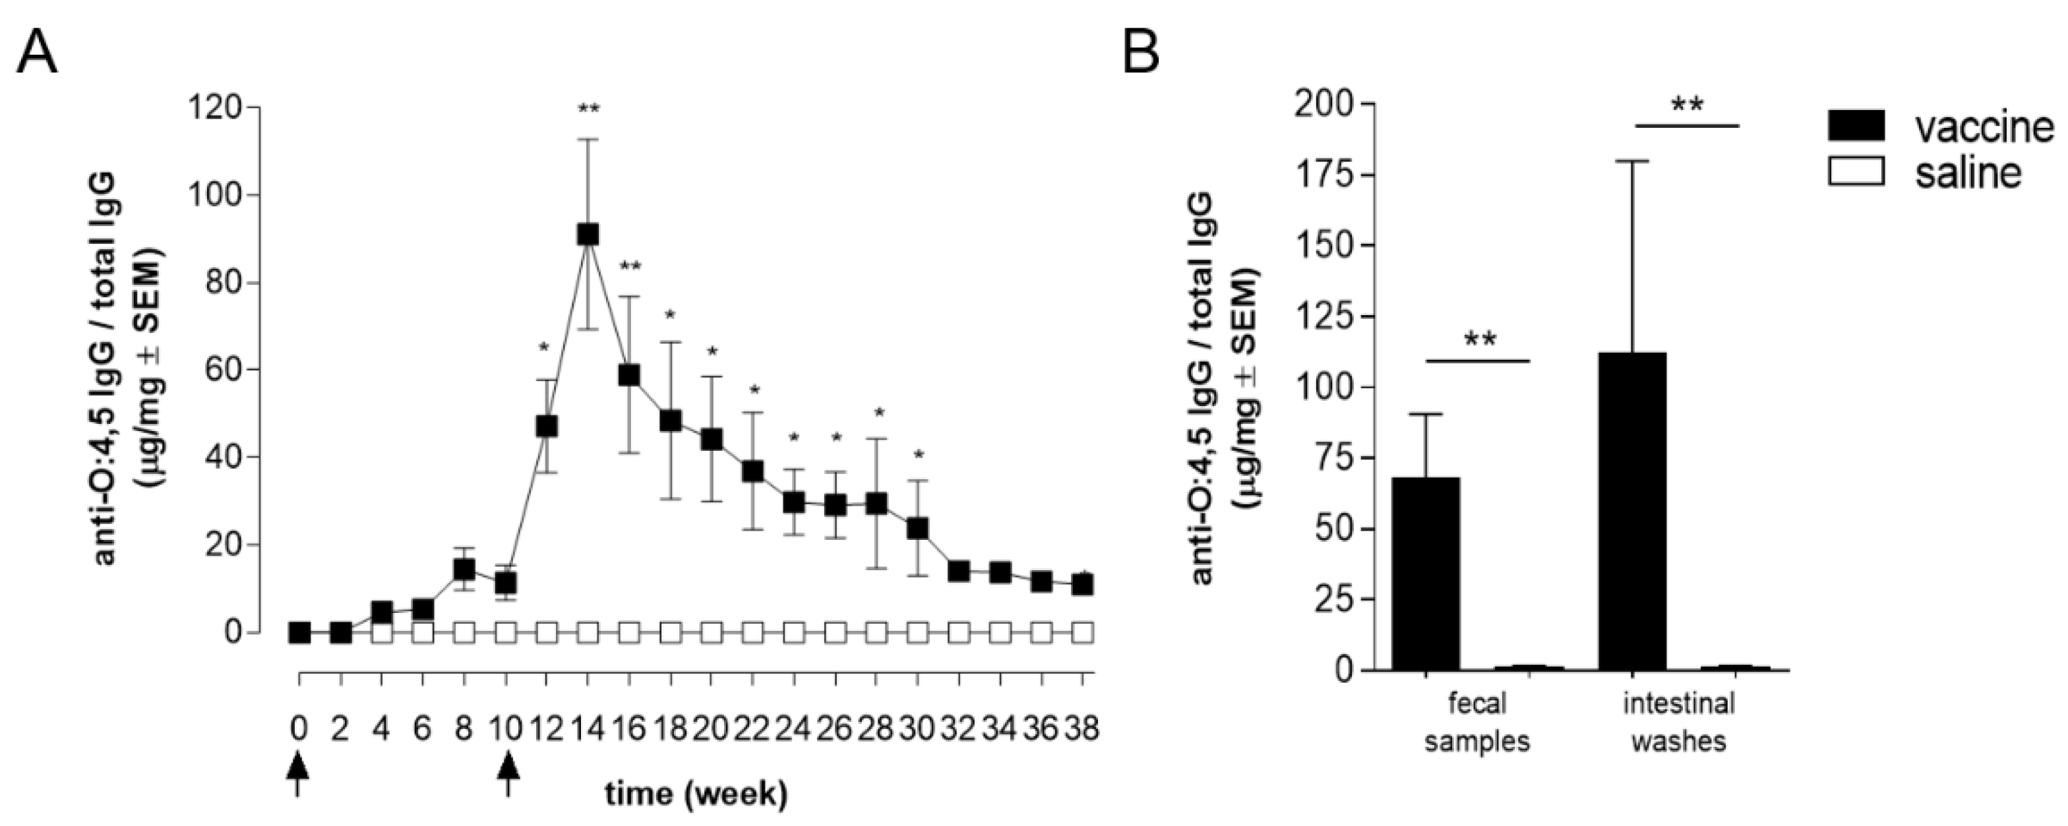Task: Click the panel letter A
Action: click(x=38, y=53)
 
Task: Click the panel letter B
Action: click(x=1140, y=53)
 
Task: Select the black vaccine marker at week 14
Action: click(x=588, y=235)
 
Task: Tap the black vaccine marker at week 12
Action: click(x=547, y=427)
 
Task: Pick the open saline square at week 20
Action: click(x=712, y=633)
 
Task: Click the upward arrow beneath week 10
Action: click(x=507, y=772)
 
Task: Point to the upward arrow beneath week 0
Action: click(x=299, y=772)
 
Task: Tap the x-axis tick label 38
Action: click(x=1081, y=730)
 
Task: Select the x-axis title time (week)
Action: click(x=696, y=795)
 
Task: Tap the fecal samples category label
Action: click(x=1477, y=722)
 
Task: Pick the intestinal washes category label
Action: click(x=1679, y=722)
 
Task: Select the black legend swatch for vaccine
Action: click(x=1856, y=127)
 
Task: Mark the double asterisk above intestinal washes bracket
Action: click(x=1687, y=105)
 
